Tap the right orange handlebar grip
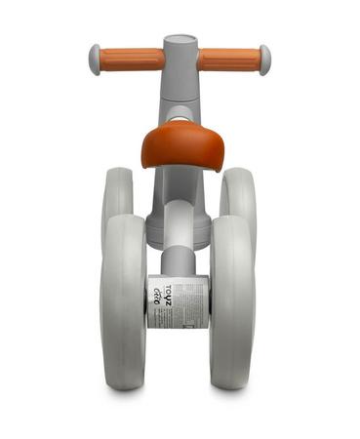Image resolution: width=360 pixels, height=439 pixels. tap(229, 60)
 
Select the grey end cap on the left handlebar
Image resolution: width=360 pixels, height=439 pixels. tap(95, 60)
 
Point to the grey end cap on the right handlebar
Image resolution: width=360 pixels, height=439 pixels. tap(265, 60)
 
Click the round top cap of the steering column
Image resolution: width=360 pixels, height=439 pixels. tap(180, 44)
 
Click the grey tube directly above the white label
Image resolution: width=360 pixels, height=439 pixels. tap(178, 259)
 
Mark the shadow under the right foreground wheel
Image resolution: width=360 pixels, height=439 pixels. tap(232, 391)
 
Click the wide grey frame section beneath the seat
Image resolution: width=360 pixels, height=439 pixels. tap(179, 219)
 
